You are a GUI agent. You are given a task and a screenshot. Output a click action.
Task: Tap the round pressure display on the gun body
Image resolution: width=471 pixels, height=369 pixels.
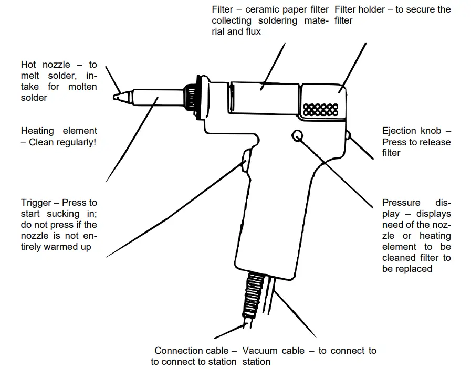(297, 135)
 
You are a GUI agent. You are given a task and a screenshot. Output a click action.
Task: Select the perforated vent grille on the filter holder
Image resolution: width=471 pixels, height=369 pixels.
(321, 110)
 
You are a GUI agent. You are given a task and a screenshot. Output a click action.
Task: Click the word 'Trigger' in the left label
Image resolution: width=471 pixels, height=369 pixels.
(36, 203)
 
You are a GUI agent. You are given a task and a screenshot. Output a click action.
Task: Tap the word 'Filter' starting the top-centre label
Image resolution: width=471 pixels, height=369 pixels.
(223, 9)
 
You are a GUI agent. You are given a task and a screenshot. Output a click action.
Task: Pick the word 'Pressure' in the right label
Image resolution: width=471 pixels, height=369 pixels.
(401, 203)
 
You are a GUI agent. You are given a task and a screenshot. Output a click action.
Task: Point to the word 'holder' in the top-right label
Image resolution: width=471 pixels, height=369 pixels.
(372, 9)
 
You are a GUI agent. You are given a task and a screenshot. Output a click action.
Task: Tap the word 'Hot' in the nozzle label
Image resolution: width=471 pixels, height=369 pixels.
(29, 65)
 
